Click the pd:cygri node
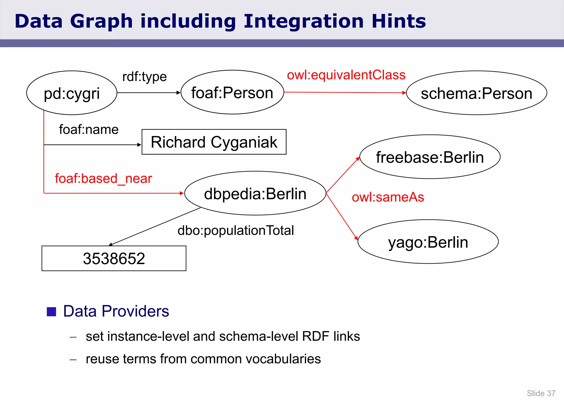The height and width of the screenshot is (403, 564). pyautogui.click(x=72, y=93)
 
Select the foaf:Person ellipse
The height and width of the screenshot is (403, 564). pyautogui.click(x=232, y=92)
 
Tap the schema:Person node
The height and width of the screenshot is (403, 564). pyautogui.click(x=476, y=93)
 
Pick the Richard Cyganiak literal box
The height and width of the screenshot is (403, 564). pyautogui.click(x=214, y=142)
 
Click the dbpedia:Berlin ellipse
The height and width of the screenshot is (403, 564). pyautogui.click(x=255, y=193)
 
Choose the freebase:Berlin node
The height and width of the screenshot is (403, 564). pyautogui.click(x=430, y=157)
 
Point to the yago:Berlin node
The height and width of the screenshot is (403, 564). pyautogui.click(x=428, y=242)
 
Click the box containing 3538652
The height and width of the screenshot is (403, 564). pyautogui.click(x=114, y=258)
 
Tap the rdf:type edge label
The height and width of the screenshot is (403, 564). pyautogui.click(x=144, y=77)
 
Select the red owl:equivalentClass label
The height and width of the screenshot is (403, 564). pyautogui.click(x=346, y=75)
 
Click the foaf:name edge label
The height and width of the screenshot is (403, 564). pyautogui.click(x=89, y=129)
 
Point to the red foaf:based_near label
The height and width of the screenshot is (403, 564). pyautogui.click(x=103, y=178)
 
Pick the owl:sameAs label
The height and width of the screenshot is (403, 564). pyautogui.click(x=388, y=197)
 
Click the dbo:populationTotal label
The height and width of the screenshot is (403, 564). pyautogui.click(x=235, y=230)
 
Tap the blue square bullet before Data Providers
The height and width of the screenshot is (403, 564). pyautogui.click(x=51, y=312)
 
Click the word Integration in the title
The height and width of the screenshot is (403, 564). pyautogui.click(x=303, y=21)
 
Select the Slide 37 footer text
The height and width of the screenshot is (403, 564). pyautogui.click(x=541, y=393)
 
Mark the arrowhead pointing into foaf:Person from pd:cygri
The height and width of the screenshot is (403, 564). pyautogui.click(x=178, y=93)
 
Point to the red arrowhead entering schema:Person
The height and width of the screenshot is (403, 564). pyautogui.click(x=404, y=93)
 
